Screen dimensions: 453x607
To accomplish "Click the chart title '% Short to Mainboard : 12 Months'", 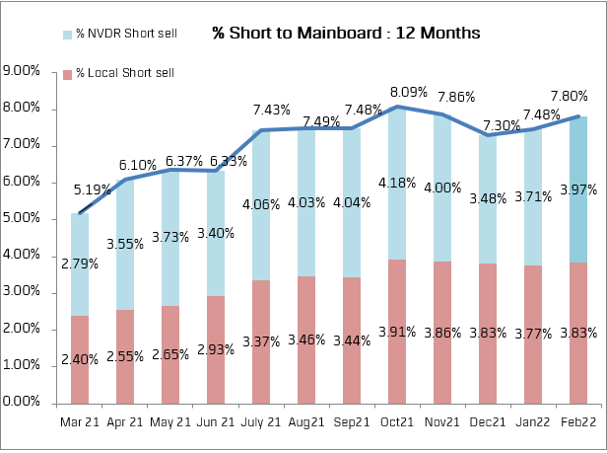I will click(346, 33).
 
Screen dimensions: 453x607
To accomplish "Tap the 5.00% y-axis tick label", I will click(23, 219).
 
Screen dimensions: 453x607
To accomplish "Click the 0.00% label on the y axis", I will click(23, 403).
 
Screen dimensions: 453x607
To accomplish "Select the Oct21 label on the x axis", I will click(397, 422).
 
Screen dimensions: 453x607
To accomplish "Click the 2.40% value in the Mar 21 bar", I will click(79, 360).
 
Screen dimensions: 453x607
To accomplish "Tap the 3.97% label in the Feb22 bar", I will click(577, 189).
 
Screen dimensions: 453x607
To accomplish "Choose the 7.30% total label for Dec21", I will click(500, 125).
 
